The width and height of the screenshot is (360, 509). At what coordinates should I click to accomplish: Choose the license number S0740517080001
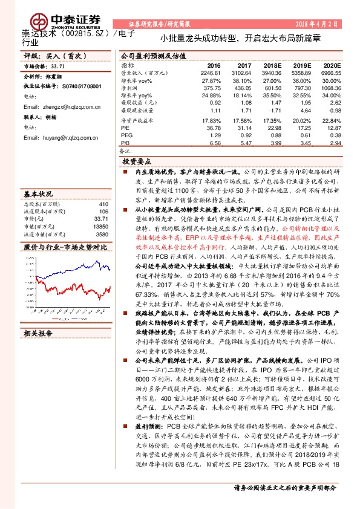tap(72, 87)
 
